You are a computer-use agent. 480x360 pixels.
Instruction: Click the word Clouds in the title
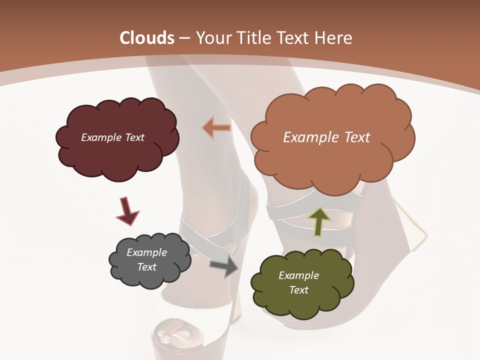147,38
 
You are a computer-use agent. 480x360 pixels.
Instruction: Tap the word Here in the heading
334,38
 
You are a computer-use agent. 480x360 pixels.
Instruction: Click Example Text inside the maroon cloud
113,137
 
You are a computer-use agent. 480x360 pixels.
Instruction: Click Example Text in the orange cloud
326,137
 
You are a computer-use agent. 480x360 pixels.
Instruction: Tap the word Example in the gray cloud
147,252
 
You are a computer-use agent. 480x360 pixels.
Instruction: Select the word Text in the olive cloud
298,290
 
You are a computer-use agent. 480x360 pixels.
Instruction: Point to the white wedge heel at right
410,225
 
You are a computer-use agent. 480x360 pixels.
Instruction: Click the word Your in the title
211,38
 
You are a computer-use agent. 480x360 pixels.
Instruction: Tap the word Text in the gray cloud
147,267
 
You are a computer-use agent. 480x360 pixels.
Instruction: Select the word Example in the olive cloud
298,275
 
